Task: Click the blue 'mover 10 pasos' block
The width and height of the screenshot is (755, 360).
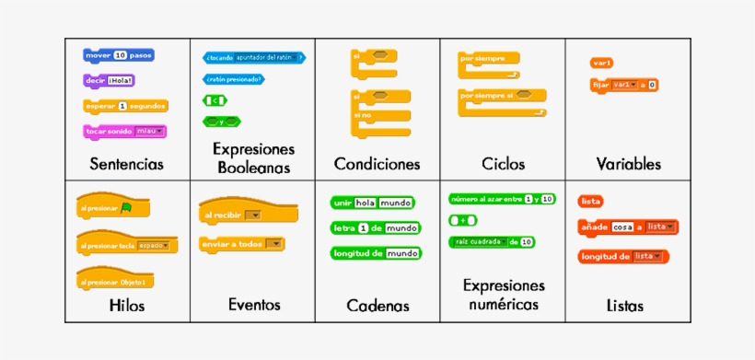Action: pyautogui.click(x=118, y=55)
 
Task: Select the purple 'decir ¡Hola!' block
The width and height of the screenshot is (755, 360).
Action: pyautogui.click(x=109, y=80)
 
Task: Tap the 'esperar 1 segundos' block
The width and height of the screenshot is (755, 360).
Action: pyautogui.click(x=125, y=106)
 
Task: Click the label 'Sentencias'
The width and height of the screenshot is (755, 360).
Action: pyautogui.click(x=127, y=165)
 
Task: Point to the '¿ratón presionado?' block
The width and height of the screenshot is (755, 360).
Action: pyautogui.click(x=233, y=79)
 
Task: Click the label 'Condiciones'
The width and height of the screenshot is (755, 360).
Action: pyautogui.click(x=377, y=165)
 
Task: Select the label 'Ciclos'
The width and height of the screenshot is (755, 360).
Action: pyautogui.click(x=503, y=165)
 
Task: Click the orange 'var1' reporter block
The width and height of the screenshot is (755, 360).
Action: pyautogui.click(x=602, y=63)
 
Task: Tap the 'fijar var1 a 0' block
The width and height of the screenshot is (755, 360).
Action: pyautogui.click(x=624, y=85)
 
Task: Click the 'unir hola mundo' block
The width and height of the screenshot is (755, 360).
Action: pyautogui.click(x=372, y=203)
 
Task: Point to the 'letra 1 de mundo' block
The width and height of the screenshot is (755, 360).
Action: pyautogui.click(x=375, y=227)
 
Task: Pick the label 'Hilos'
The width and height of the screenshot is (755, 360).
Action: pyautogui.click(x=127, y=305)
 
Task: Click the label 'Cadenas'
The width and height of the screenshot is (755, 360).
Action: pyautogui.click(x=377, y=306)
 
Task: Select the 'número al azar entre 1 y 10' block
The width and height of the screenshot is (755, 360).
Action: pyautogui.click(x=502, y=199)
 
